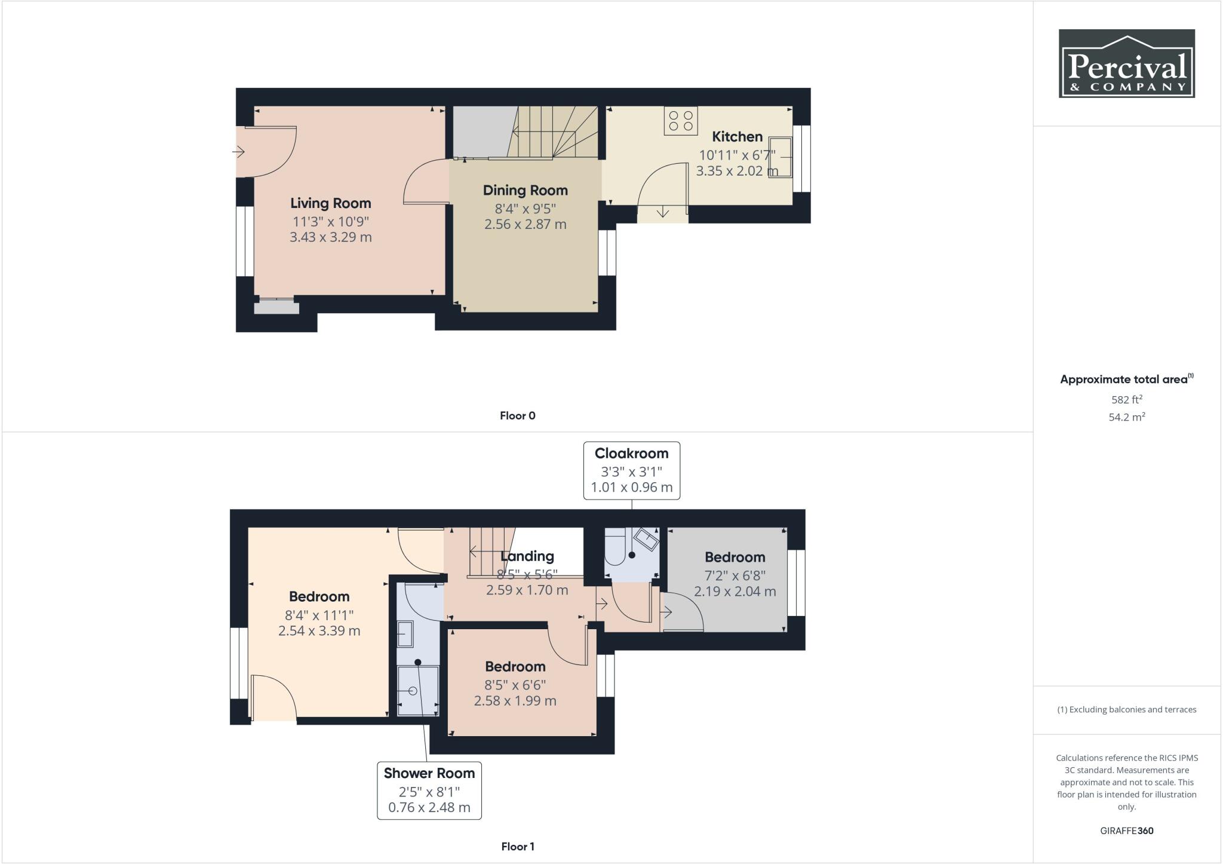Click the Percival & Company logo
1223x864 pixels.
coord(1126,63)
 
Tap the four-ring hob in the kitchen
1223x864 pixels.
coord(681,121)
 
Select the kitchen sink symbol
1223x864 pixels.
coord(780,157)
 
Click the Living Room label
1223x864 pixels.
coord(330,203)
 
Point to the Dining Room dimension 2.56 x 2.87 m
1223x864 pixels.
coord(525,225)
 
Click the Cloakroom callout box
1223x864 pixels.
coord(631,470)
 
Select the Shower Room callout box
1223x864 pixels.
coord(429,790)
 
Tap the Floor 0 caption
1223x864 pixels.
coord(517,416)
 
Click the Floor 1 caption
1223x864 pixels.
coord(517,846)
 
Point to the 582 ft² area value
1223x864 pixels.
coord(1126,400)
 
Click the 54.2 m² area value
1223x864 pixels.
coord(1126,417)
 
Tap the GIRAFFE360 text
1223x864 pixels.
coord(1126,831)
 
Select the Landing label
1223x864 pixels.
coord(527,556)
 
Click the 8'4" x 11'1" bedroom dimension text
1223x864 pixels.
coord(319,615)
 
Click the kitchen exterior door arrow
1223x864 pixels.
coord(663,212)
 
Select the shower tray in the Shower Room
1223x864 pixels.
coord(417,691)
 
